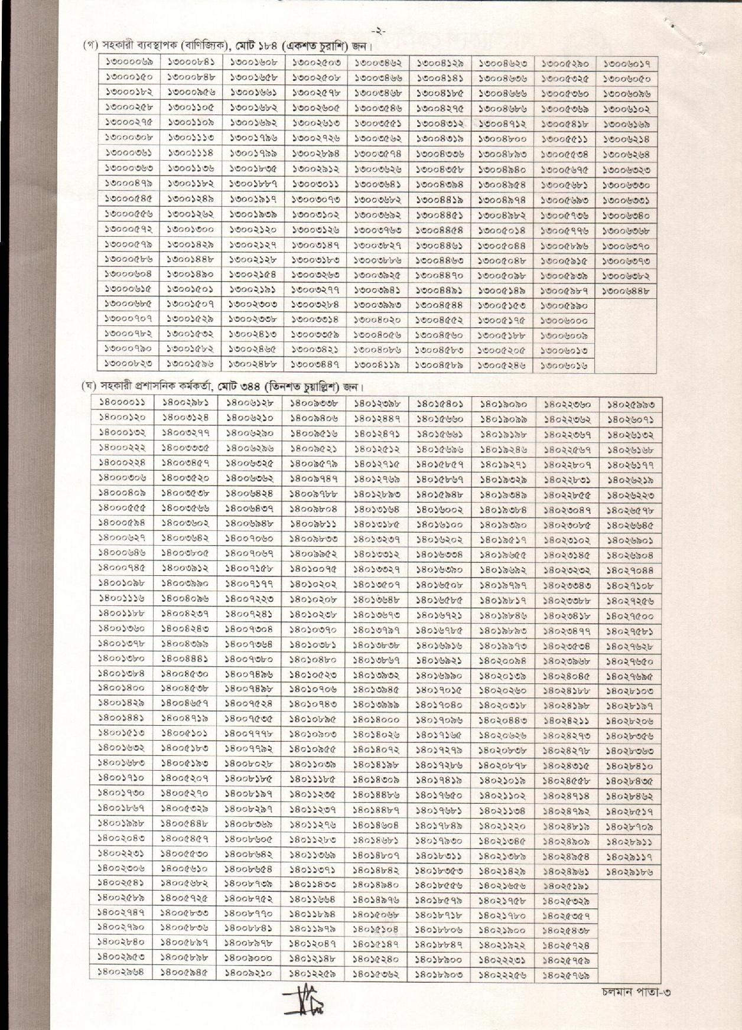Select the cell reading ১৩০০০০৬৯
129,61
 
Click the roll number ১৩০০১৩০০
191,229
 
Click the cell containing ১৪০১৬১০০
439,524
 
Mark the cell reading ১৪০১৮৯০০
439,960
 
